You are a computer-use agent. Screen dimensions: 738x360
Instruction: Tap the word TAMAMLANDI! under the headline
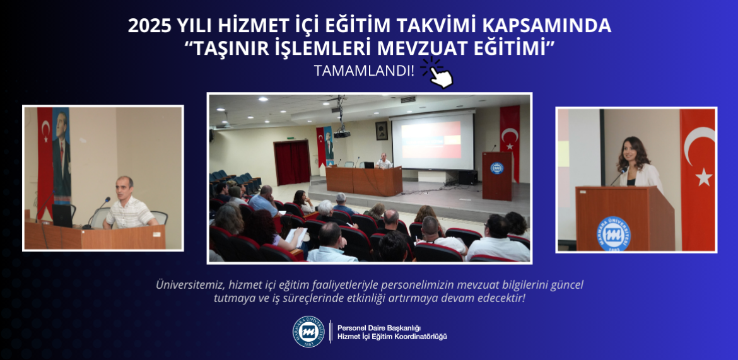point(365,71)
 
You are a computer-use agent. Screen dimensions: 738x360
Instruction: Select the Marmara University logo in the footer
point(308,332)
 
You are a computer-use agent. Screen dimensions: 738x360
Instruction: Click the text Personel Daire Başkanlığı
point(379,327)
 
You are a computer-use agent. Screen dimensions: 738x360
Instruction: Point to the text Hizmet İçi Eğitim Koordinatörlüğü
point(392,337)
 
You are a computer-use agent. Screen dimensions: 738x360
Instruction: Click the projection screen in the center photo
point(433,139)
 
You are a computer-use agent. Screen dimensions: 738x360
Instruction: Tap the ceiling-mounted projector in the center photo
point(342,134)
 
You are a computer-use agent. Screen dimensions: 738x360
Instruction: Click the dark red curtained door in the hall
point(292,163)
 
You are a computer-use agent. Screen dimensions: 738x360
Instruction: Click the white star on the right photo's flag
point(703,177)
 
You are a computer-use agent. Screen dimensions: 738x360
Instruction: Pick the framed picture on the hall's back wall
point(382,131)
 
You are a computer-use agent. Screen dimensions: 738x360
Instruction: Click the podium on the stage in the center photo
point(496,175)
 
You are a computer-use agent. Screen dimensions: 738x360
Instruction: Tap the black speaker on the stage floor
point(468,177)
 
